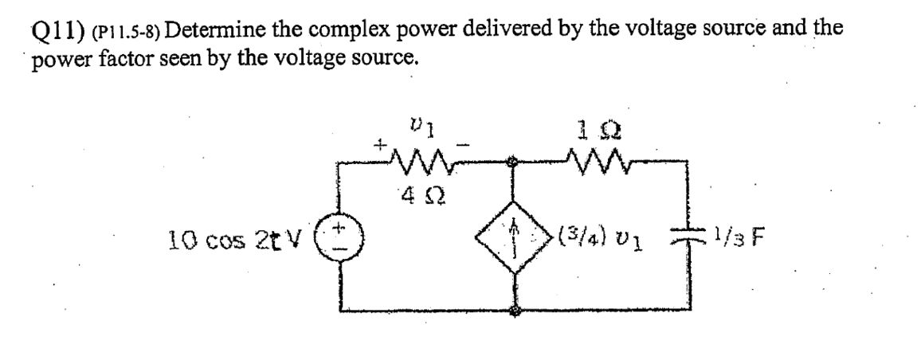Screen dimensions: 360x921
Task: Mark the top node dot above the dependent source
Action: (x=513, y=162)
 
